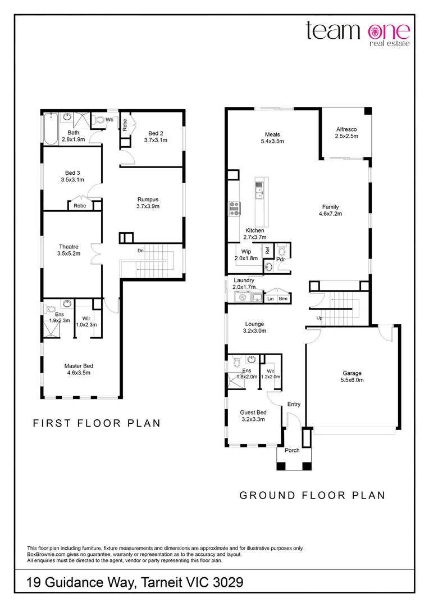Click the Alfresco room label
click(346, 133)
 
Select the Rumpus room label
click(148, 202)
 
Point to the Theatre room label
click(69, 250)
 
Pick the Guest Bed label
click(253, 415)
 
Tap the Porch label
click(292, 450)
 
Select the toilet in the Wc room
click(102, 119)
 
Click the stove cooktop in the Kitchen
click(234, 208)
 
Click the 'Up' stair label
click(320, 318)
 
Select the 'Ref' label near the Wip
click(268, 250)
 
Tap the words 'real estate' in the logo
click(390, 43)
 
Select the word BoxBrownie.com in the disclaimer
click(47, 554)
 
